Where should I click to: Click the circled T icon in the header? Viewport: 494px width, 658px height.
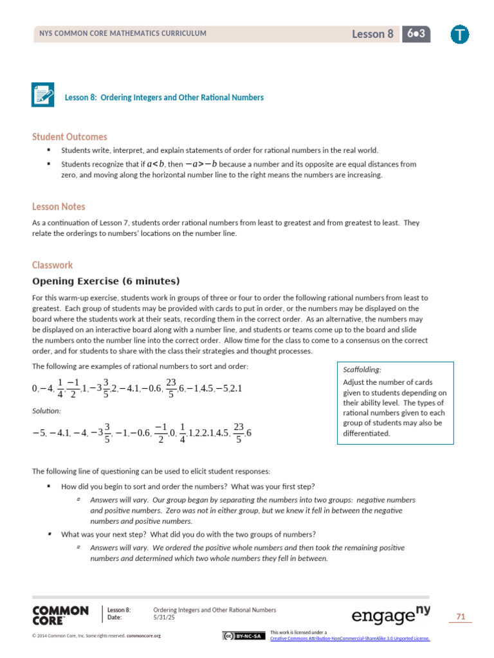460,35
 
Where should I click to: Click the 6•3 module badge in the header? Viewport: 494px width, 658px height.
416,34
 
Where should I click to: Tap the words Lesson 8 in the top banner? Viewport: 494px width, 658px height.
372,35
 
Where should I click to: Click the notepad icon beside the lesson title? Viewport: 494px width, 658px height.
43,94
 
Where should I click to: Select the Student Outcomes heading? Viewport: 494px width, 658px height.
69,137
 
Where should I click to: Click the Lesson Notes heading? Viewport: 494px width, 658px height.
59,207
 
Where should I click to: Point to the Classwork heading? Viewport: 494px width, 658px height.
52,265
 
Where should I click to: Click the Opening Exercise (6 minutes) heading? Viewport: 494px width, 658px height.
106,281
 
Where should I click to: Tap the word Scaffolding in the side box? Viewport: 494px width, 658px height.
362,369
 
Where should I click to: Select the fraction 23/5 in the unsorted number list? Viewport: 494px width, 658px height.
170,388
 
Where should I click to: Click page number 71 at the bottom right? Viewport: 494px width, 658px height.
460,617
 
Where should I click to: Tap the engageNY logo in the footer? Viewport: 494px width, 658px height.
390,616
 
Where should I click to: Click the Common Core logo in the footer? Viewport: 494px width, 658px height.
60,615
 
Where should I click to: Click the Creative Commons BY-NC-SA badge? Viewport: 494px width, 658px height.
244,636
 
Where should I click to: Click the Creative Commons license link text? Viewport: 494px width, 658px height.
350,638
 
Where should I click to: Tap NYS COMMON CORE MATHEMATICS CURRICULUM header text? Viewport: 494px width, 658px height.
123,34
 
